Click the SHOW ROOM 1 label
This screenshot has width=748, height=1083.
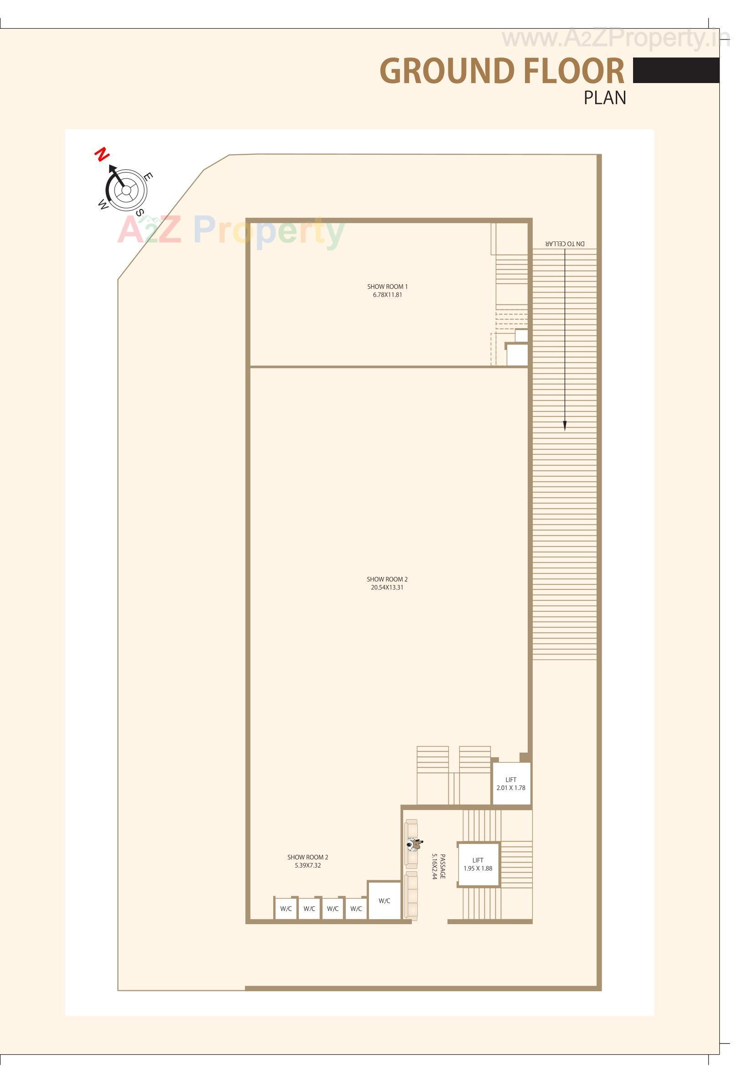(x=387, y=287)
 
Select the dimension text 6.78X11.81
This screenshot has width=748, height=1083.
(x=387, y=295)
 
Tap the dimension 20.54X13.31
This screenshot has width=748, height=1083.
(x=387, y=587)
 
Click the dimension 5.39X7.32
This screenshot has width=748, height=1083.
(x=307, y=865)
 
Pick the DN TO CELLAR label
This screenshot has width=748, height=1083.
(x=565, y=243)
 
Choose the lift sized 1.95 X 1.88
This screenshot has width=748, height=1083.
(x=478, y=864)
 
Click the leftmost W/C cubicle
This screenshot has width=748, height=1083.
(x=286, y=909)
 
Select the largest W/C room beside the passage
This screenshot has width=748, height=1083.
(x=384, y=900)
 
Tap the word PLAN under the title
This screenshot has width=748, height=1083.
(x=605, y=98)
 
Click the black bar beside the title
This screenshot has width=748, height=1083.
(x=676, y=70)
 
